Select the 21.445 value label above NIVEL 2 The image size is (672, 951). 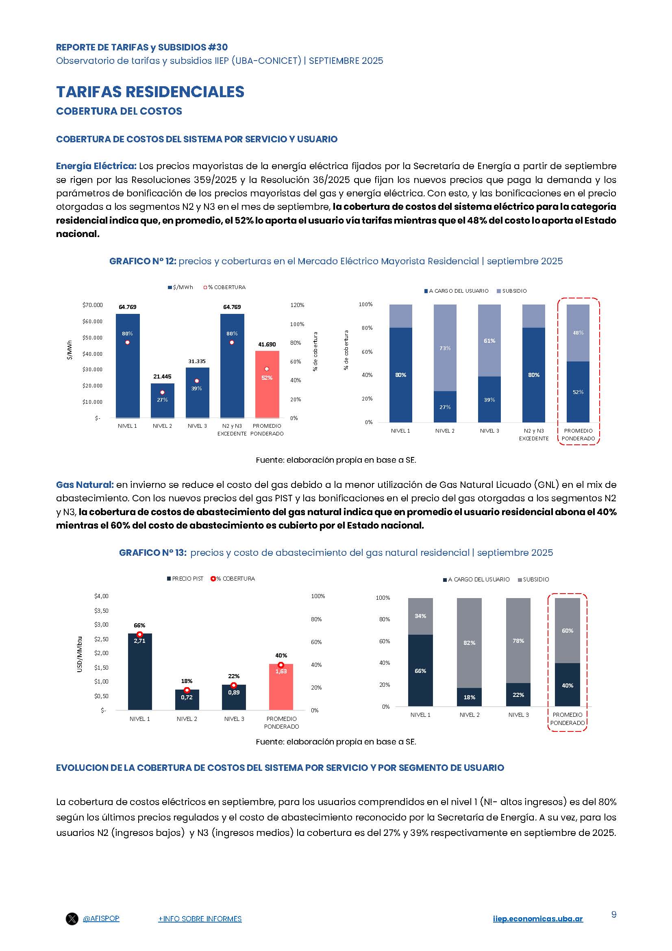tap(162, 376)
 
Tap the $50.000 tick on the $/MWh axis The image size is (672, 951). tap(92, 337)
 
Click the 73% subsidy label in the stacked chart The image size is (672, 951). tap(445, 348)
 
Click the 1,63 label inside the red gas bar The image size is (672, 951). tap(281, 671)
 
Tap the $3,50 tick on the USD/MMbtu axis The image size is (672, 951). tap(101, 611)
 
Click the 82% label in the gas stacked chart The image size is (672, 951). tap(469, 643)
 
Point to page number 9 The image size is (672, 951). tap(613, 914)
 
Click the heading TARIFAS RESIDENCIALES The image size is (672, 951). tap(150, 92)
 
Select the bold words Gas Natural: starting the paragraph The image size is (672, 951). tap(85, 485)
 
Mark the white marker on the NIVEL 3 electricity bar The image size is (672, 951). tap(197, 381)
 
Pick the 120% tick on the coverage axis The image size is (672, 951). tap(297, 305)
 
